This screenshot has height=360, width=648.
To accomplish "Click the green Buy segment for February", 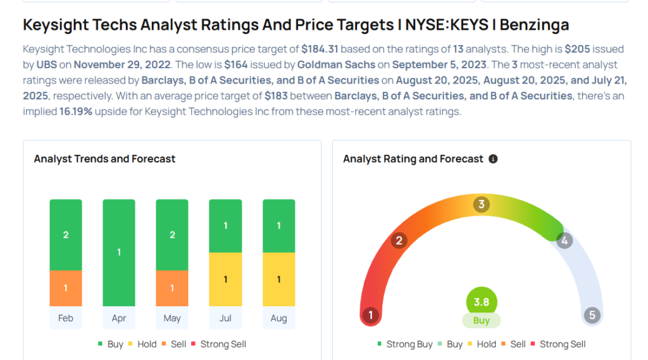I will coord(66,235).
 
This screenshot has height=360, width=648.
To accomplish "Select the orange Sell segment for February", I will coord(66,289).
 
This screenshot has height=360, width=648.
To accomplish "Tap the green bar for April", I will coord(119,252).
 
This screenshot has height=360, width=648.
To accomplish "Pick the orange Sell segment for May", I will coord(172,289).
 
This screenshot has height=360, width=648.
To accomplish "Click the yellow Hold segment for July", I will coord(225,279).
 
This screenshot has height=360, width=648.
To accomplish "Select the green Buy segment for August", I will coord(278,226).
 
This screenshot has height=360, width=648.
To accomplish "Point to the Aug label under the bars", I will coord(278,318).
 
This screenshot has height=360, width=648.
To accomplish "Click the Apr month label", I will coord(119,318).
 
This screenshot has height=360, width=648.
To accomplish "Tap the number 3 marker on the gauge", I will coord(482,204).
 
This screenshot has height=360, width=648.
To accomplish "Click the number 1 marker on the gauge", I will coord(370,315).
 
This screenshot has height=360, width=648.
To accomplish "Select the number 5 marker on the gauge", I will coord(592,315).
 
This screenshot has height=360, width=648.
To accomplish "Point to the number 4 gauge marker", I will coord(564,240).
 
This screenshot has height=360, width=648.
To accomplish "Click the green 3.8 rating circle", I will coord(482,302).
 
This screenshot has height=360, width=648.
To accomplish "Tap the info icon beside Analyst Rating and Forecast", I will coord(494,159).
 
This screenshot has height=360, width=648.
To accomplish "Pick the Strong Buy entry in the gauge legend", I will coord(405,344).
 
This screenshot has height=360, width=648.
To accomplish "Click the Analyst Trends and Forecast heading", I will coord(104,159).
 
